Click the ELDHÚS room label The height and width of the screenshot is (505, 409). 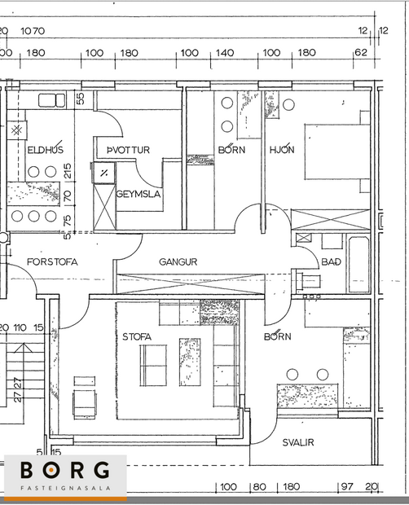click(x=45, y=150)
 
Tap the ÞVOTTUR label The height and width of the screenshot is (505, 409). click(x=123, y=150)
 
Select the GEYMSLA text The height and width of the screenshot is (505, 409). click(x=138, y=195)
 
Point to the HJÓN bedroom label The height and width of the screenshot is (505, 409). click(x=281, y=150)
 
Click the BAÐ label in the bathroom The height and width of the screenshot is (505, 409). click(x=331, y=262)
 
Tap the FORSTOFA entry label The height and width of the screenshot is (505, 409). click(x=53, y=262)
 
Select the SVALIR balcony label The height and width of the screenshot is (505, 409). click(x=298, y=443)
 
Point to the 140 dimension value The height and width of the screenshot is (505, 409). click(x=225, y=53)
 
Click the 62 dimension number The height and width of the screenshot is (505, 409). click(x=360, y=53)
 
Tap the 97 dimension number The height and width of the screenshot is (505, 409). click(x=346, y=487)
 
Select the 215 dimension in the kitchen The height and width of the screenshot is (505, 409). click(x=67, y=172)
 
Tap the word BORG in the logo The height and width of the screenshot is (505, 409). click(x=65, y=471)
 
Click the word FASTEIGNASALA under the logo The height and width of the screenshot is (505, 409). click(x=65, y=490)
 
